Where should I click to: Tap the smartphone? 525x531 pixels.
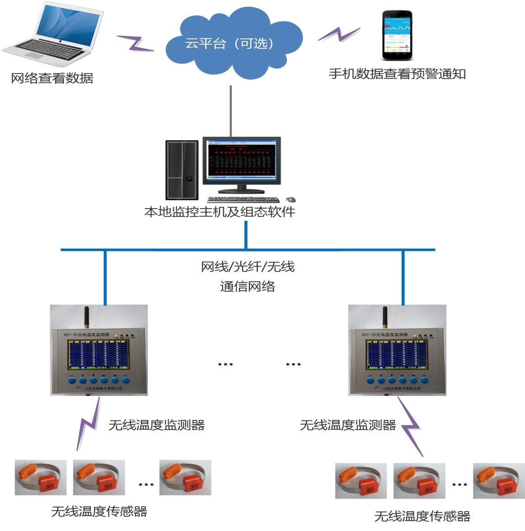coord(397,35)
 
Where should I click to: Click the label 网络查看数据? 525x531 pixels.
coord(52,78)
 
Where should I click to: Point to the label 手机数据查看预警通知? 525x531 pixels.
coord(397,74)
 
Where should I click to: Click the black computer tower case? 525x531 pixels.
coord(182,170)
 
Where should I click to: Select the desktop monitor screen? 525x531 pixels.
coord(241,161)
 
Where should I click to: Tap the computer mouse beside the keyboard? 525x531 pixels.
coord(291,199)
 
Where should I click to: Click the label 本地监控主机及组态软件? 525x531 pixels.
coord(220,212)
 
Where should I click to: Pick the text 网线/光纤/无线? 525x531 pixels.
coord(248,267)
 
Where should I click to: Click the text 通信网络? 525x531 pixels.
coord(248,286)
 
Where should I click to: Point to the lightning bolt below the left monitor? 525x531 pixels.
coord(89,424)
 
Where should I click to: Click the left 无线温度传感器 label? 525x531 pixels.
coord(99,511)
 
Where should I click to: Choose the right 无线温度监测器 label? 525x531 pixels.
coord(348,425)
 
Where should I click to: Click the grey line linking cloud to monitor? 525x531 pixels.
coord(231,111)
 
